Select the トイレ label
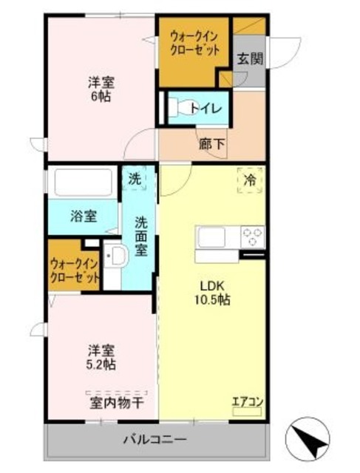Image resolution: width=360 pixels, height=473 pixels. tap(205, 109)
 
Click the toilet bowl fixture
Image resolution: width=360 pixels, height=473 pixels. tap(177, 108)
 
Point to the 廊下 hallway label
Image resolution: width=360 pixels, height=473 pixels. tap(212, 145)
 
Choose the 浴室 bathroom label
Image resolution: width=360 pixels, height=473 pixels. tap(84, 217)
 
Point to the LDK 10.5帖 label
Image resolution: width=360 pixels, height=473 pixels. tap(213, 293)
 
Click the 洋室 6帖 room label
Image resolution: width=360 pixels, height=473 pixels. tap(98, 89)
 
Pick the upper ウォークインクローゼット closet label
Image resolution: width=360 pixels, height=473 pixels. tap(194, 44)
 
